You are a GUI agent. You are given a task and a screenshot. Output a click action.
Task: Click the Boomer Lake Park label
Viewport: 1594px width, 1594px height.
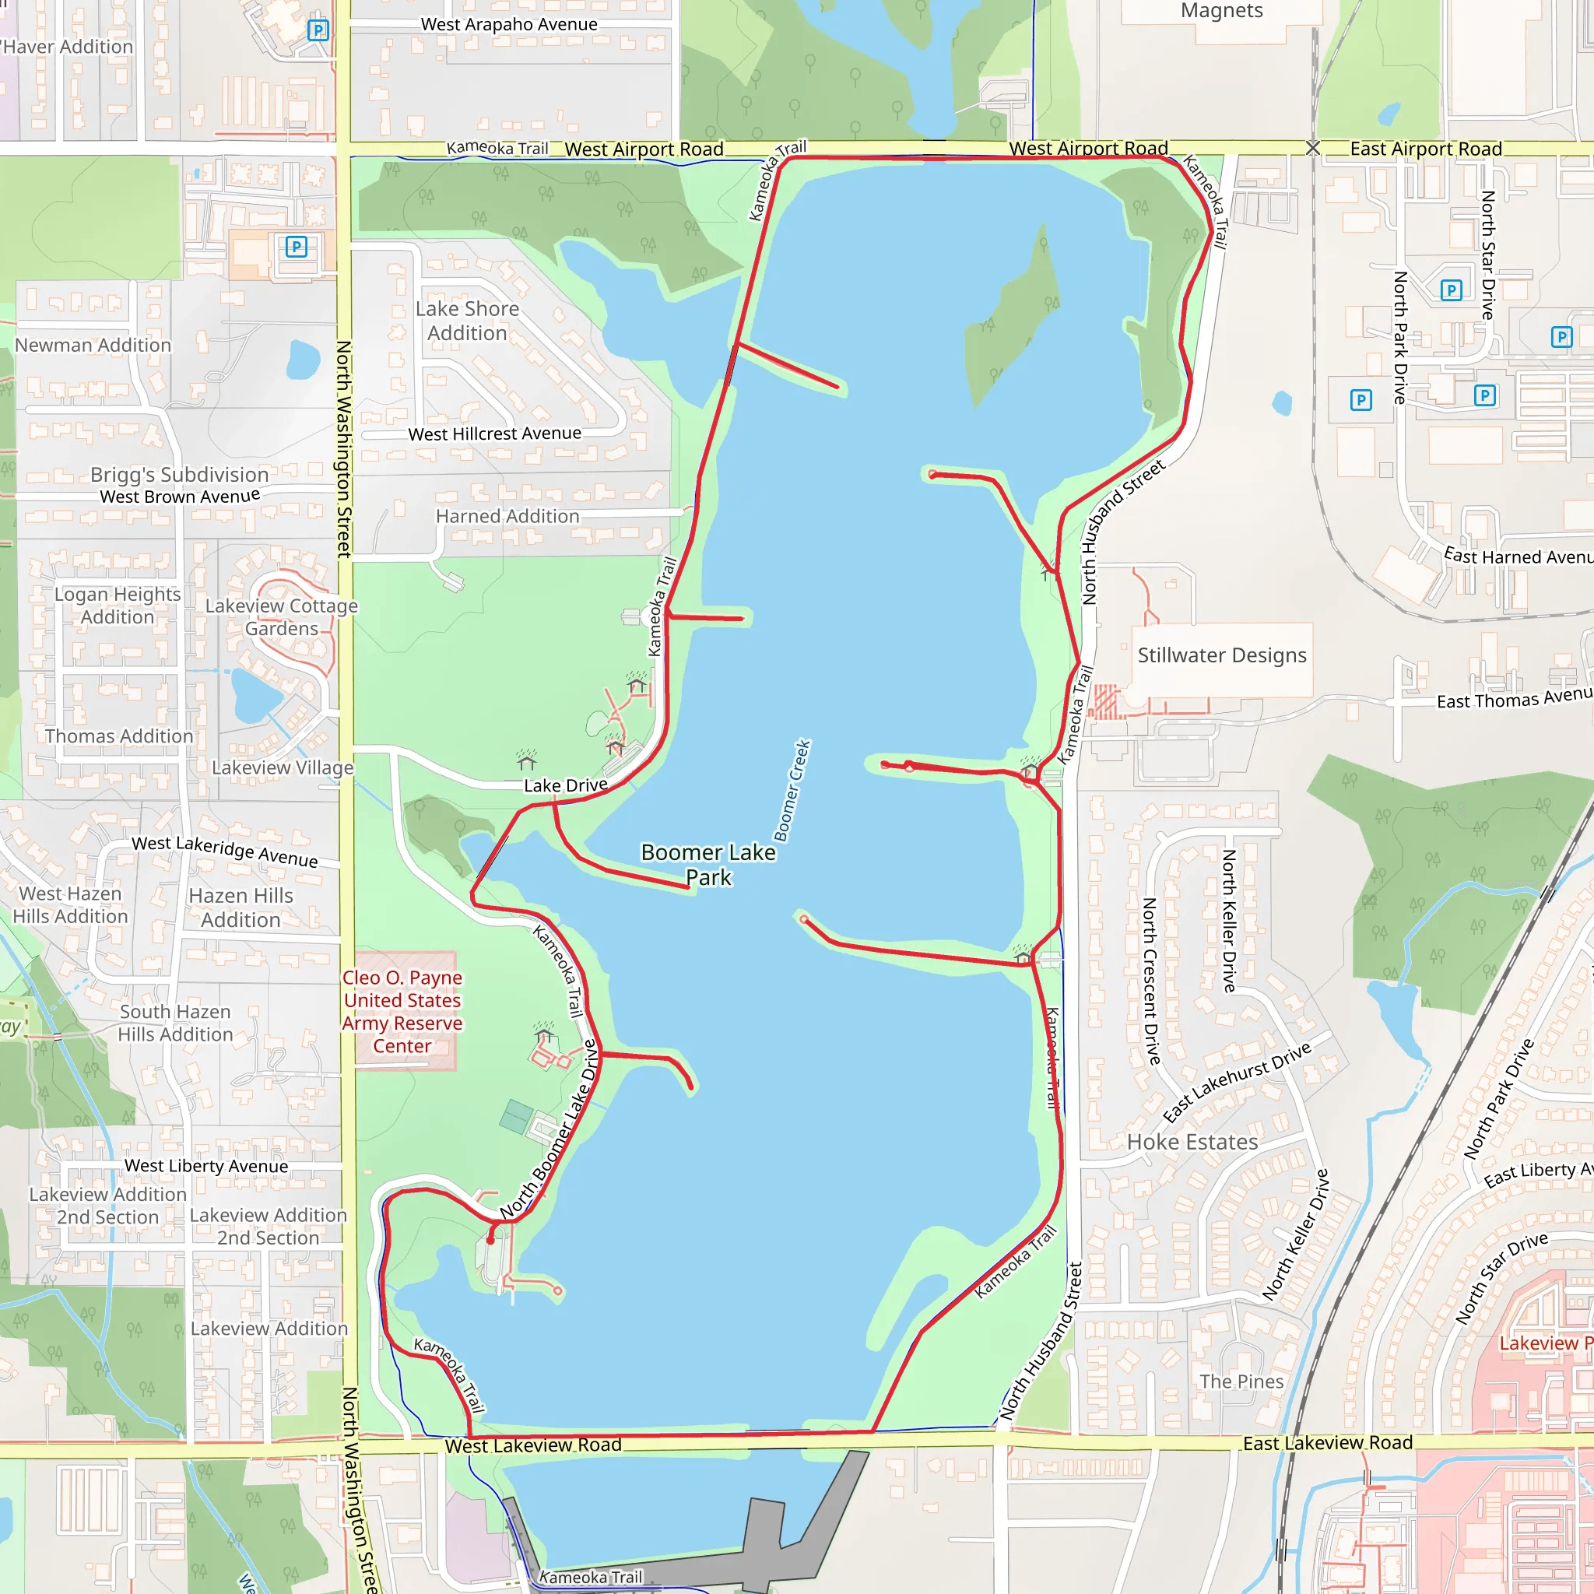pyautogui.click(x=709, y=865)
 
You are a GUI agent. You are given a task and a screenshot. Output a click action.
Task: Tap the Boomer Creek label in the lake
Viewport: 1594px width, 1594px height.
pyautogui.click(x=793, y=791)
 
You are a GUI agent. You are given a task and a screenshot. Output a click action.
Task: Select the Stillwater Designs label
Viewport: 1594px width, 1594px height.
pyautogui.click(x=1222, y=655)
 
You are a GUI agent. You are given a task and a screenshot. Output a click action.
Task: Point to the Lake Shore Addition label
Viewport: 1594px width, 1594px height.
pyautogui.click(x=467, y=321)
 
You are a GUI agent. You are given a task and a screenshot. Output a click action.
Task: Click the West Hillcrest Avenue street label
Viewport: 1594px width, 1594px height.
pyautogui.click(x=494, y=434)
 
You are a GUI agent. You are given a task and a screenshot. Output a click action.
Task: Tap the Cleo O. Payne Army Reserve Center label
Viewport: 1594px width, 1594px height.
pyautogui.click(x=402, y=1012)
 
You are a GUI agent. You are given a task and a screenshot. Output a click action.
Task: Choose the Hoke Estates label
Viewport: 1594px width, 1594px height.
pyautogui.click(x=1192, y=1142)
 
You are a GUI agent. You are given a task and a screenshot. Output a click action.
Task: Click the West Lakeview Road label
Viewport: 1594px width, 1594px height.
pyautogui.click(x=533, y=1445)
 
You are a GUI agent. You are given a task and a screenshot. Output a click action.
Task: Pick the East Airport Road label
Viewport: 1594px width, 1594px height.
pyautogui.click(x=1426, y=149)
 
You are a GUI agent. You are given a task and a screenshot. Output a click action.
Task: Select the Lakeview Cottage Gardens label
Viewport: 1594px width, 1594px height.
pyautogui.click(x=281, y=617)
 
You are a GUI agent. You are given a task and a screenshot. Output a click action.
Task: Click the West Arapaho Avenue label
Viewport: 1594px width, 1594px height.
pyautogui.click(x=509, y=25)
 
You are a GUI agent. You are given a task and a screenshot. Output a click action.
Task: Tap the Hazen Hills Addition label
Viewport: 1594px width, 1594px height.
pyautogui.click(x=241, y=908)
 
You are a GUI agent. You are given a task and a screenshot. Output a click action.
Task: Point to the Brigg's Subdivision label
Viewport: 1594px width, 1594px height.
pyautogui.click(x=180, y=475)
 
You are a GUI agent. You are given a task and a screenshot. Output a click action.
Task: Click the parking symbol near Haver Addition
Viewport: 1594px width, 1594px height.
pyautogui.click(x=318, y=30)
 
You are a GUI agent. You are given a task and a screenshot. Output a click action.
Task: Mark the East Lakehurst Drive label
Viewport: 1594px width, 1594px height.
pyautogui.click(x=1237, y=1082)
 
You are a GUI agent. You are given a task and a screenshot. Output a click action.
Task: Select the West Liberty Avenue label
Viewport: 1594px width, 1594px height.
pyautogui.click(x=206, y=1166)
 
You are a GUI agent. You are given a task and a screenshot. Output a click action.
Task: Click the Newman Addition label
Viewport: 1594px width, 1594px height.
pyautogui.click(x=93, y=345)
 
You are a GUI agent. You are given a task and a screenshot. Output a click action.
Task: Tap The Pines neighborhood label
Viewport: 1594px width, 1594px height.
pyautogui.click(x=1241, y=1382)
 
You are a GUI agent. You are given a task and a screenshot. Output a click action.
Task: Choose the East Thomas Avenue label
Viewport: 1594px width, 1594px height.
pyautogui.click(x=1514, y=698)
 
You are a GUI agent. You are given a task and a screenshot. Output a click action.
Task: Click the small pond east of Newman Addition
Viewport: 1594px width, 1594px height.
pyautogui.click(x=303, y=360)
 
